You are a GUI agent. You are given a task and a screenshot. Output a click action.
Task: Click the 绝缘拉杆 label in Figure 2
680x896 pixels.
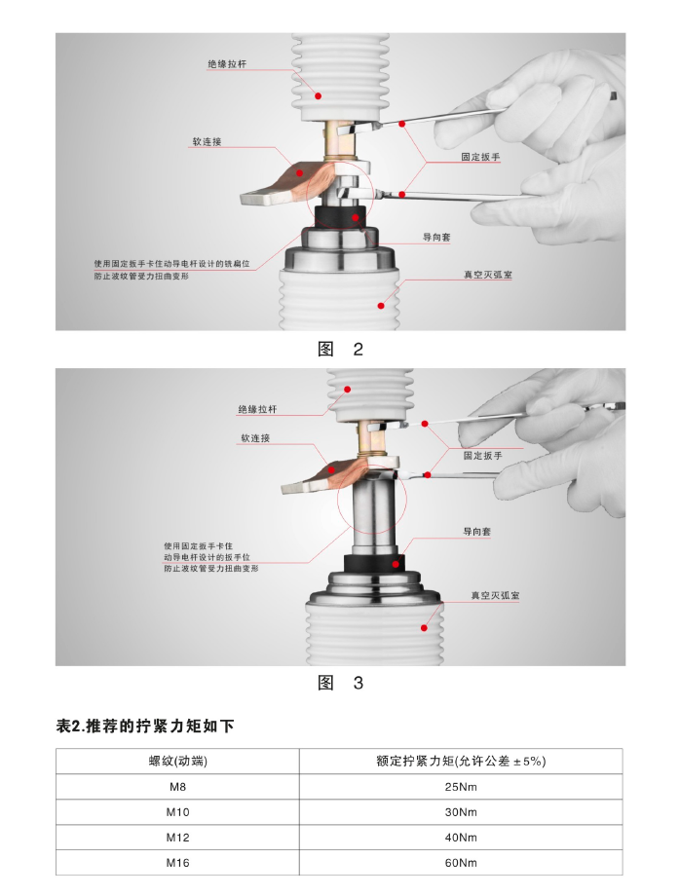click(x=227, y=64)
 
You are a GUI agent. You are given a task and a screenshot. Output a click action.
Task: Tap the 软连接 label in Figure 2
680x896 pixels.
click(x=207, y=142)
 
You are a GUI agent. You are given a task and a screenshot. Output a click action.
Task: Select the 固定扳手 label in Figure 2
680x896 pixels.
click(x=480, y=157)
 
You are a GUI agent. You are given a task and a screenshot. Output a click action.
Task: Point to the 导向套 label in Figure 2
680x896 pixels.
click(x=436, y=237)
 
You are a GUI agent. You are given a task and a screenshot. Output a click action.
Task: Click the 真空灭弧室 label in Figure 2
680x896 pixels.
click(x=488, y=275)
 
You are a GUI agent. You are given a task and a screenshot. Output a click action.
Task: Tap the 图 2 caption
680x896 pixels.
click(x=341, y=349)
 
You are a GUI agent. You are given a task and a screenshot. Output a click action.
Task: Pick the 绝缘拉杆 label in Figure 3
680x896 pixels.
click(x=257, y=409)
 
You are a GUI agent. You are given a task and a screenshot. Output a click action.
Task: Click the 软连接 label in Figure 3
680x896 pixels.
click(x=255, y=438)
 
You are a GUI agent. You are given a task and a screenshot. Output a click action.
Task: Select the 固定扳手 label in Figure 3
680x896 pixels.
click(x=483, y=456)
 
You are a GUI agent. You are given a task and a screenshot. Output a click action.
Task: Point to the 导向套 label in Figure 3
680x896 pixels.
click(x=476, y=532)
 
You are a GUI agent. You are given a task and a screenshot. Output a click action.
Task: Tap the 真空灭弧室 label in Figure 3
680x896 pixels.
click(x=496, y=595)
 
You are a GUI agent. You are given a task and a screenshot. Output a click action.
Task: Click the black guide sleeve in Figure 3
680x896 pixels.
click(x=374, y=564)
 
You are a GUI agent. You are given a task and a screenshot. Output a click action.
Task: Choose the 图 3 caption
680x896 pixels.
click(x=341, y=683)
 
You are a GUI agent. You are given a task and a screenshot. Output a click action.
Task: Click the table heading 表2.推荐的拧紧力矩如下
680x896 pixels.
click(x=145, y=727)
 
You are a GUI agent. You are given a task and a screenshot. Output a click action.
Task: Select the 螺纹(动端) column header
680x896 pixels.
click(x=177, y=762)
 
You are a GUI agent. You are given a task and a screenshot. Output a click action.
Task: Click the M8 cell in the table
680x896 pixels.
click(x=177, y=787)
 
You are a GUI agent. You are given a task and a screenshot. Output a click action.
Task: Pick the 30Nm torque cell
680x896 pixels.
click(x=461, y=812)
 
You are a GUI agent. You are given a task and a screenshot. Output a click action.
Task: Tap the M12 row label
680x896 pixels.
click(x=177, y=838)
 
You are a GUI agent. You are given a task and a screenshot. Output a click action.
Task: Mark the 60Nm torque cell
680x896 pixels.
click(x=461, y=863)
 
